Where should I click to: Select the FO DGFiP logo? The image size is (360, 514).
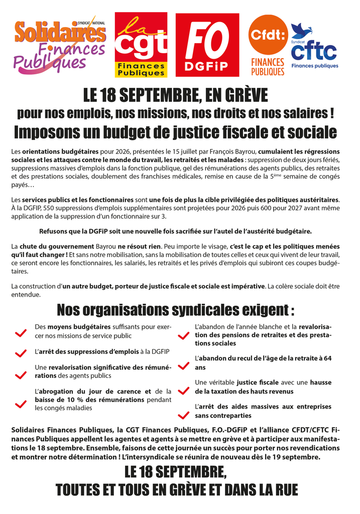[x=207, y=45]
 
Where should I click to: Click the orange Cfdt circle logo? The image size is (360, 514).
[x=268, y=35]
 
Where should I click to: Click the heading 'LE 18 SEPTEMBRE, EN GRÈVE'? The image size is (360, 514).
[x=175, y=94]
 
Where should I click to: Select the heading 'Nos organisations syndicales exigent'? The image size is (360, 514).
[x=175, y=310]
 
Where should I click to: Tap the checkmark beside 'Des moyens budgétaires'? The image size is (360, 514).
[x=21, y=333]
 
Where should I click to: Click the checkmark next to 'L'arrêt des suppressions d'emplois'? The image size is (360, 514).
[x=21, y=353]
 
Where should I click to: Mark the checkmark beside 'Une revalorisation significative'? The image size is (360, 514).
[x=21, y=375]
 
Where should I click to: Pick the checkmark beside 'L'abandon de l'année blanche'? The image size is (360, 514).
[x=184, y=336]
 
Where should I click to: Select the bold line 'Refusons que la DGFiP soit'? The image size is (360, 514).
[x=175, y=231]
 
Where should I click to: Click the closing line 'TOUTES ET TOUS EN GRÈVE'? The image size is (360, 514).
[x=177, y=489]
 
